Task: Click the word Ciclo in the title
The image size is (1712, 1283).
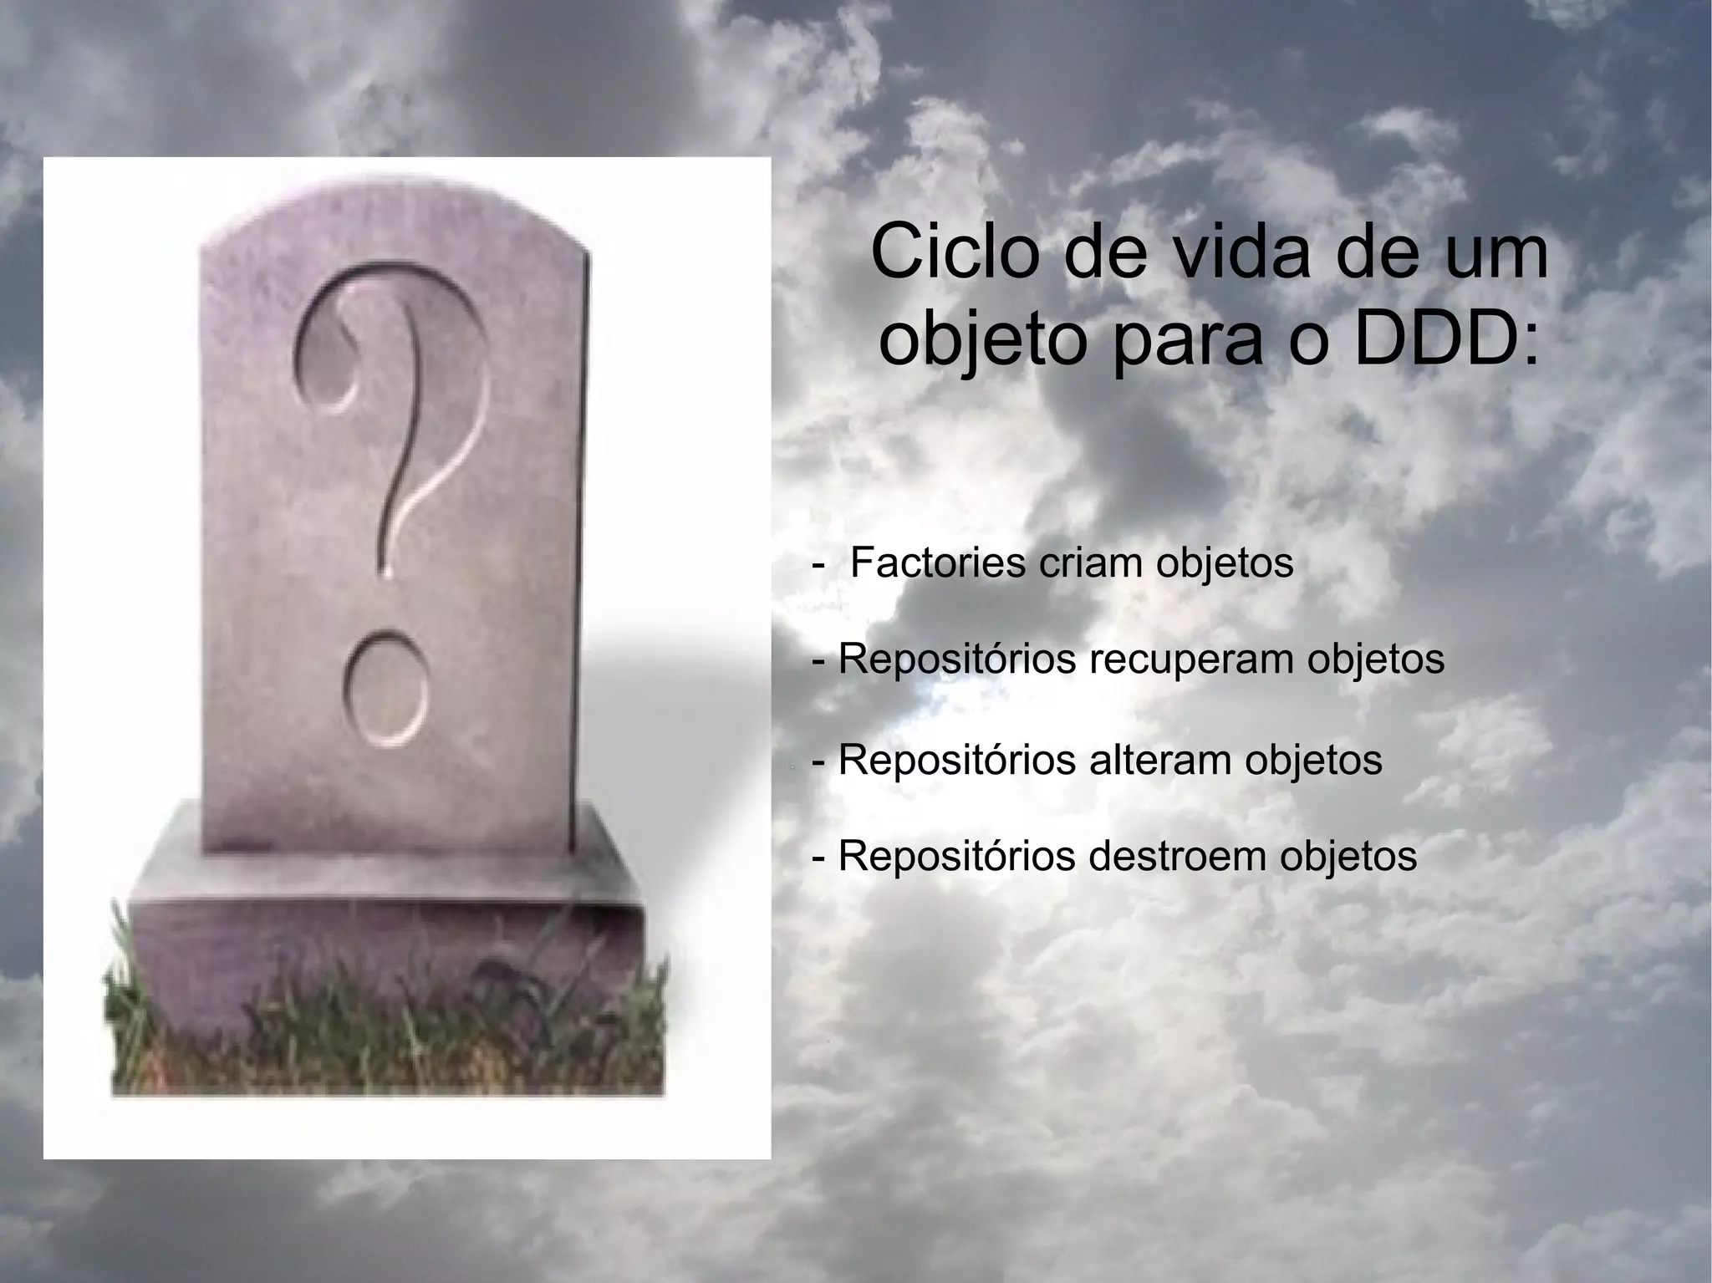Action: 944,252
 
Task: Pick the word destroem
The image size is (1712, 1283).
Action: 1178,856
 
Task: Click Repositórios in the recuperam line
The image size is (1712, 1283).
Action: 956,659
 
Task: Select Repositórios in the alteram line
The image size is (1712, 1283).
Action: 956,760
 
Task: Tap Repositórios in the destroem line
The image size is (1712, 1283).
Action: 956,856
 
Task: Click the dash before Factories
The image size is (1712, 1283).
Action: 817,566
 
